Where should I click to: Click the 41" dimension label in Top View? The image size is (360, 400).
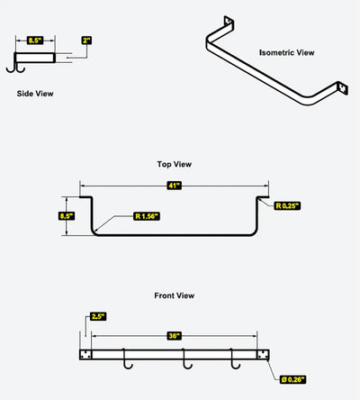(x=175, y=186)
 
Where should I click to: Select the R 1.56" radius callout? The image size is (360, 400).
(x=147, y=216)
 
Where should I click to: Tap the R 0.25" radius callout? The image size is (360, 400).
(x=287, y=205)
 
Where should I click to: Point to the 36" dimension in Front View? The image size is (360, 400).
(x=174, y=335)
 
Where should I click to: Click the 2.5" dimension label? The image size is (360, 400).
(x=98, y=316)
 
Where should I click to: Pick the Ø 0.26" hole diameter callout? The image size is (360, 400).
(x=292, y=379)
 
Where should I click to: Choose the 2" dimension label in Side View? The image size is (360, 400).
(x=86, y=41)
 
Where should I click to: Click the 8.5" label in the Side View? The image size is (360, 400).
(x=35, y=41)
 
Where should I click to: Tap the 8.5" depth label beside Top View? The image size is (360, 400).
(x=67, y=216)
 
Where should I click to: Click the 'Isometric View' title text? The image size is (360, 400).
(x=287, y=52)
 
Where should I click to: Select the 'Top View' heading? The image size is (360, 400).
(x=175, y=164)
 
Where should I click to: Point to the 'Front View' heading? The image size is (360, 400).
(x=175, y=295)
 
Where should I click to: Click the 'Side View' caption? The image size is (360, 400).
(x=35, y=94)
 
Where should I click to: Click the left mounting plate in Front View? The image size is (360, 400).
(x=85, y=355)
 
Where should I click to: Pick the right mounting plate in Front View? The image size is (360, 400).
(x=263, y=355)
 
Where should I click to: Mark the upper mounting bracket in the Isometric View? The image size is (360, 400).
(x=229, y=22)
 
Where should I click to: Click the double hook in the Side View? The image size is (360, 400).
(x=15, y=68)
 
